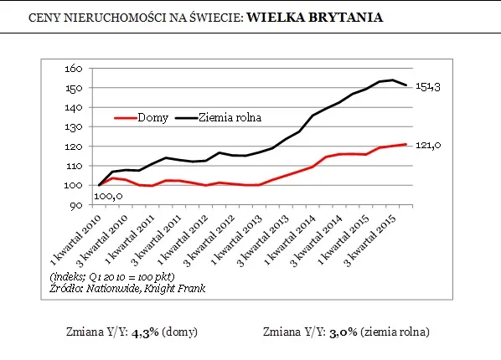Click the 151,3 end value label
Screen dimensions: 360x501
(429, 87)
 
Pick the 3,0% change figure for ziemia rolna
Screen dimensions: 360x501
(344, 332)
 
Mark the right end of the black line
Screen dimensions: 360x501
(407, 85)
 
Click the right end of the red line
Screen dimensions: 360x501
(407, 145)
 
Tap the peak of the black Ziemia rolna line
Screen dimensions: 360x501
(393, 80)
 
